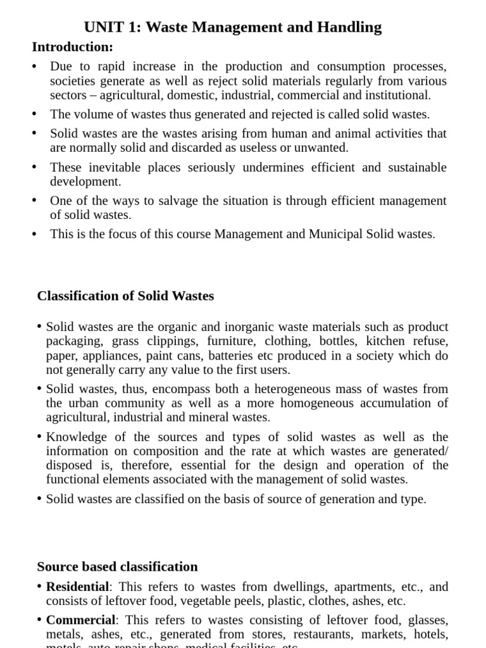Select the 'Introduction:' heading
coord(73,47)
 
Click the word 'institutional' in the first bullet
coord(397,95)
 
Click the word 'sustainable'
coord(416,168)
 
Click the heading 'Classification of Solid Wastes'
coord(125,296)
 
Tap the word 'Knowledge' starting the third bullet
coord(77,437)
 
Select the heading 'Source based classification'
coord(117,566)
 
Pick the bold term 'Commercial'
coord(80,620)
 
